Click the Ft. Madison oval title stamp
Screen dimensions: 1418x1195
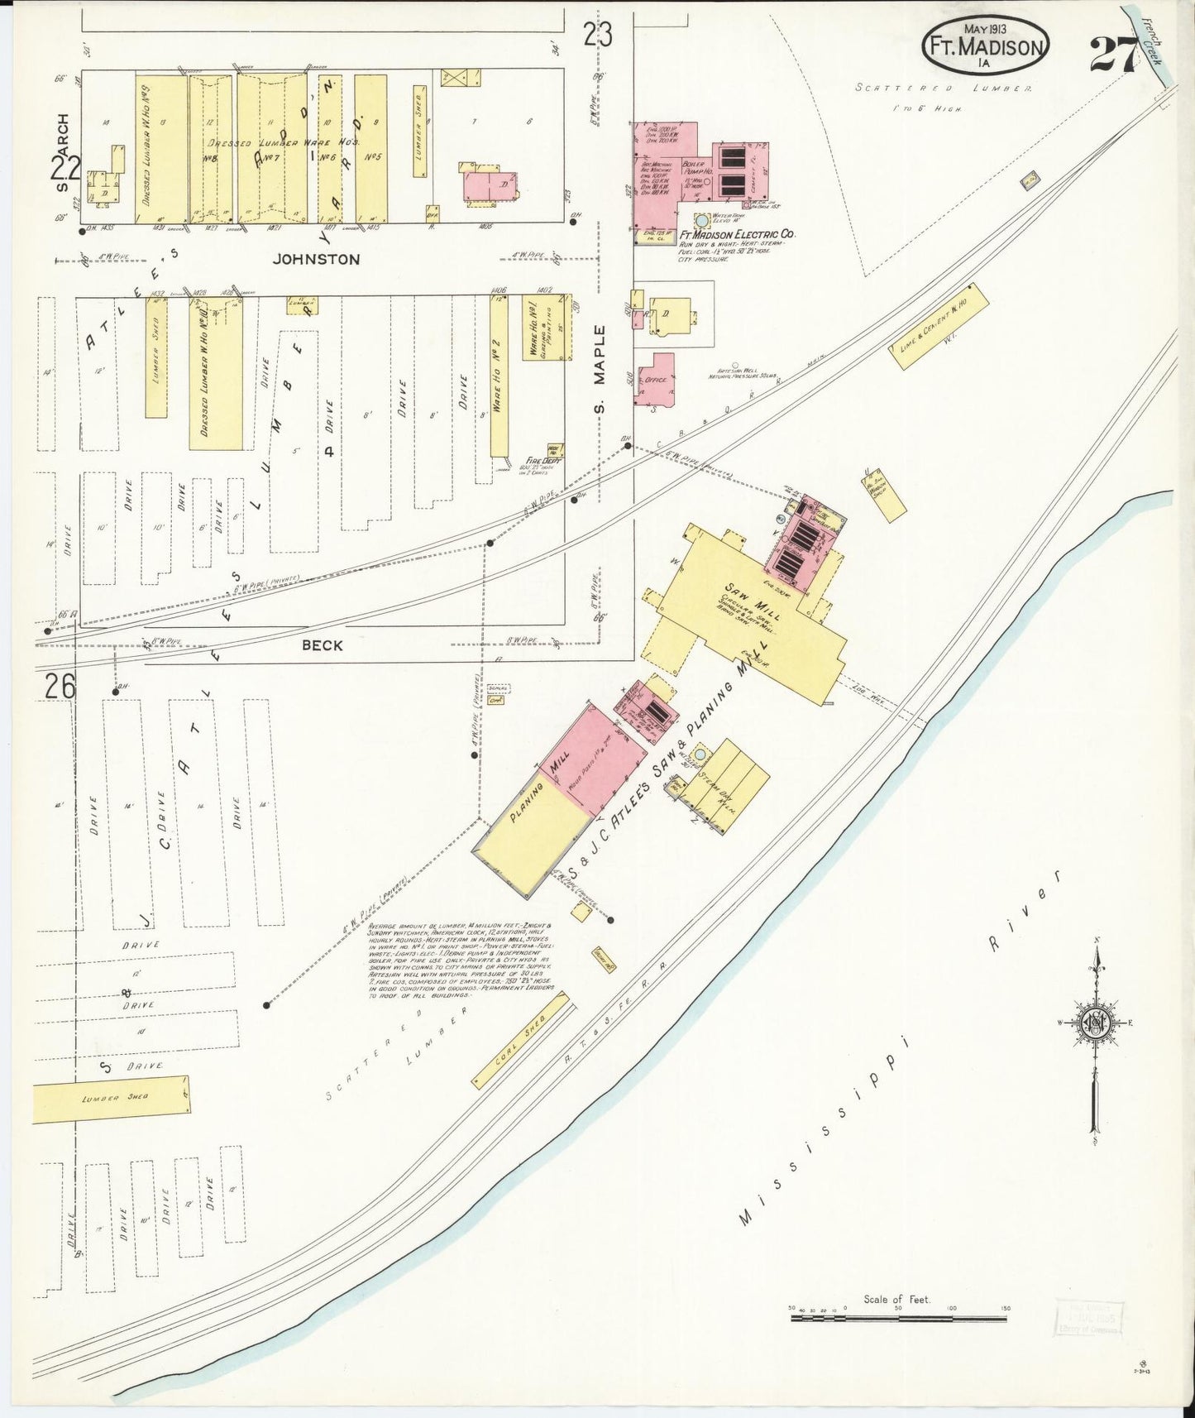[986, 46]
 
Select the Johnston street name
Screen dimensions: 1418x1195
[316, 259]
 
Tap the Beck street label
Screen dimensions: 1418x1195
[322, 645]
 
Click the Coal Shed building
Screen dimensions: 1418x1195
[521, 1041]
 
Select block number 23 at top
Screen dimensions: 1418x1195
[597, 36]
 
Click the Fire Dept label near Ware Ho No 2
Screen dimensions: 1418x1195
[543, 461]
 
